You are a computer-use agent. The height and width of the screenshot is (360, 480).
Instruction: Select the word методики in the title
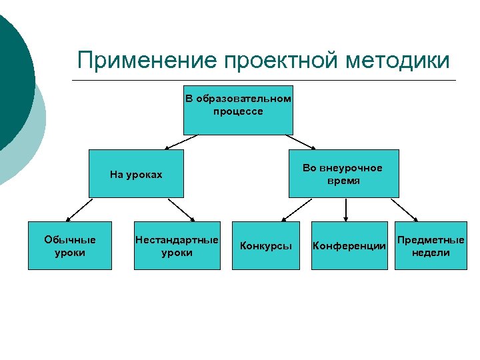[398, 61]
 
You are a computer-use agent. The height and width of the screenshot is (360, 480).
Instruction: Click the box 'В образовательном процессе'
[238, 110]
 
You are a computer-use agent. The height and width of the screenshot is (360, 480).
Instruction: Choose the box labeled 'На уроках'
[136, 174]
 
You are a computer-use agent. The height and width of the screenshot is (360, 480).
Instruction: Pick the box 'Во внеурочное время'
[343, 173]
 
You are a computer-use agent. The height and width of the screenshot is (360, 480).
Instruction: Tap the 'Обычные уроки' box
[69, 245]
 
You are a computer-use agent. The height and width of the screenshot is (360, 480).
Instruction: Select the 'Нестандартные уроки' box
[177, 245]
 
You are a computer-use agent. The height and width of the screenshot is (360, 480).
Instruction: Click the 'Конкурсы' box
[266, 245]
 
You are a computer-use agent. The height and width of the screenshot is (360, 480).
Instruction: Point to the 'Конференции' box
[349, 245]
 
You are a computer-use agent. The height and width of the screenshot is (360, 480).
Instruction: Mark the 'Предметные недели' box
[431, 245]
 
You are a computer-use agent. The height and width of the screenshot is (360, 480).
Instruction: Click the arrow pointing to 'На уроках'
[181, 141]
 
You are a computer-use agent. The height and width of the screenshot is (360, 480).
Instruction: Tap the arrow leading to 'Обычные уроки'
[79, 209]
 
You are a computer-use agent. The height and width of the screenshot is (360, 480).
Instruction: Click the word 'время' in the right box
[343, 181]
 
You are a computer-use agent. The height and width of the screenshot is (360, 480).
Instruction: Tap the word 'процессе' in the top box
[238, 111]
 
